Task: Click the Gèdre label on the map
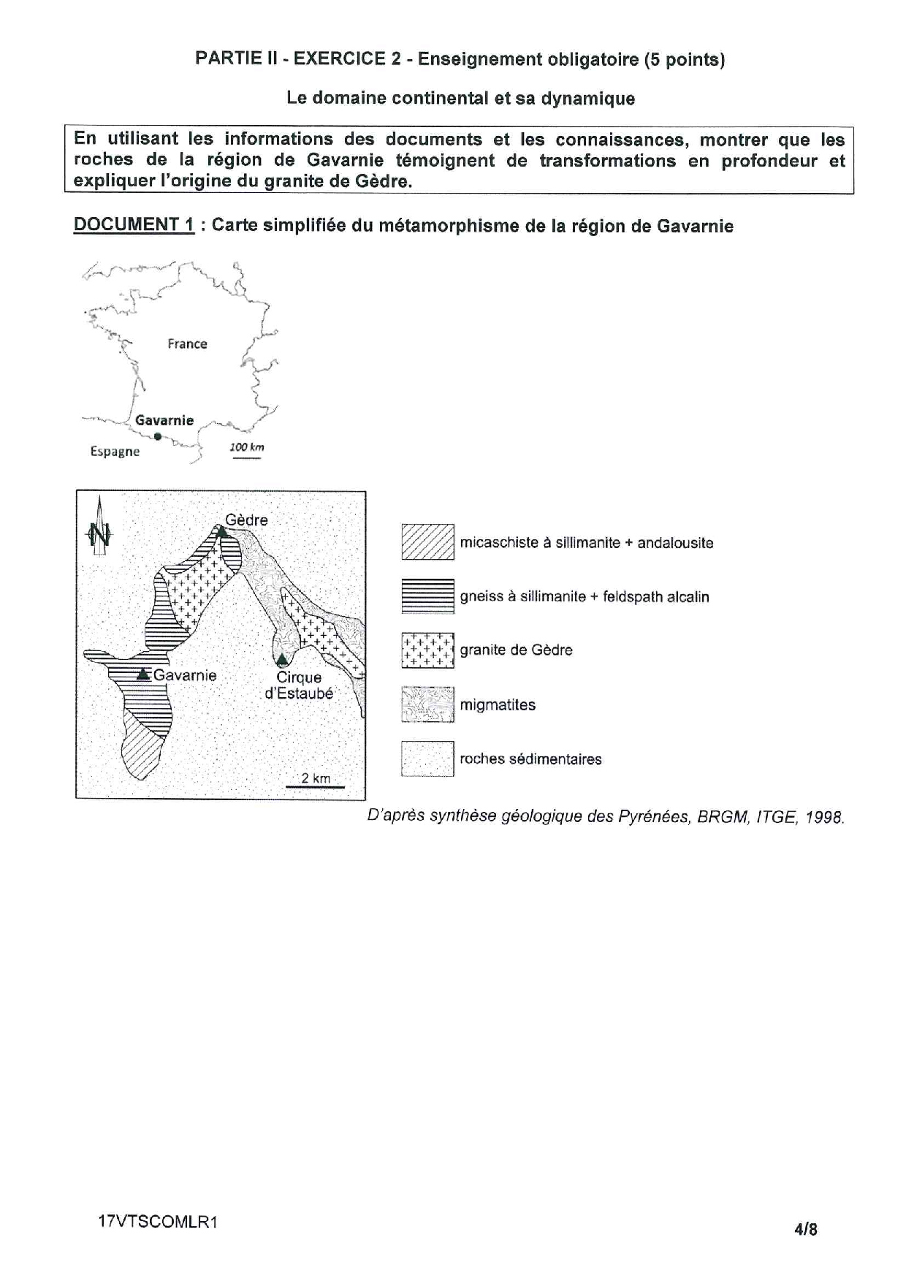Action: coord(246,520)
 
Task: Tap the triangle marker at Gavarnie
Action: coord(144,673)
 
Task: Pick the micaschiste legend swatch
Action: coord(427,542)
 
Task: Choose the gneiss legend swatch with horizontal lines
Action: coord(427,596)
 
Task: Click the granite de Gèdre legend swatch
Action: coord(427,650)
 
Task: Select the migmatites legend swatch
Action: coord(427,704)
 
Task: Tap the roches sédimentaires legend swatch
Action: coord(427,759)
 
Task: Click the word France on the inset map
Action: coord(187,343)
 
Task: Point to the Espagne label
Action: coord(115,452)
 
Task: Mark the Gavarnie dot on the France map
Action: coord(158,437)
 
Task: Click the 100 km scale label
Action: coord(247,447)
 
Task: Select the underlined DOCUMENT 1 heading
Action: coord(134,225)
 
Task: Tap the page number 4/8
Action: coord(806,1229)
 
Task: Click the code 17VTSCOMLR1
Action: coord(158,1222)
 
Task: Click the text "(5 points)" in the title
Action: coord(684,60)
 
